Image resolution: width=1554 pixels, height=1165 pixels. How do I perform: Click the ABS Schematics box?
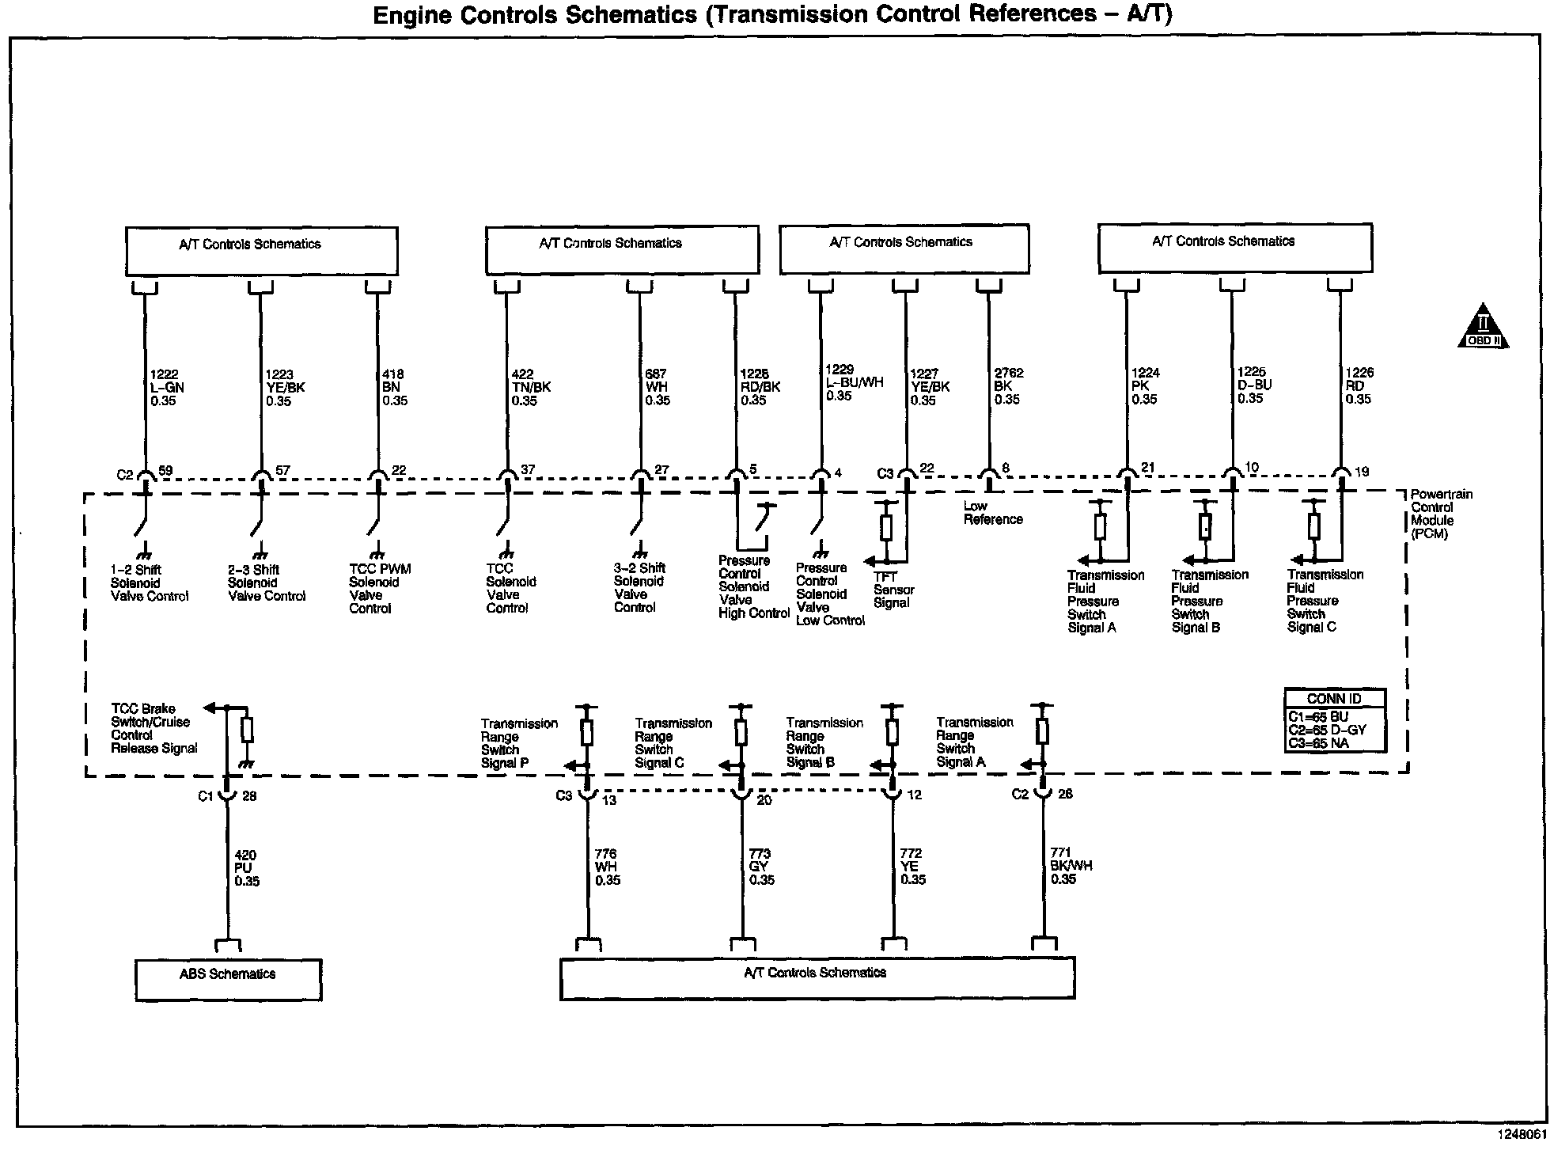click(x=228, y=980)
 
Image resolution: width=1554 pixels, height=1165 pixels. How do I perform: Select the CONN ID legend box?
click(x=1335, y=719)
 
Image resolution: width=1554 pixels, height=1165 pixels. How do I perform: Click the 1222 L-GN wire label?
click(x=167, y=388)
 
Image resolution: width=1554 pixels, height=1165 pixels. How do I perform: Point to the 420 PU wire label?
click(x=246, y=868)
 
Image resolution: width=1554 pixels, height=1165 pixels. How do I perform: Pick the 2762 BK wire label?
click(x=1007, y=386)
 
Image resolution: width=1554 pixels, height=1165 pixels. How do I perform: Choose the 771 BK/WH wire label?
click(x=1071, y=866)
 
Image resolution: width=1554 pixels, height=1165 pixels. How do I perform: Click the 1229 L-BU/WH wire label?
click(x=855, y=382)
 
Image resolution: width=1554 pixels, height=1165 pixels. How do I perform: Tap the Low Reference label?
click(x=993, y=513)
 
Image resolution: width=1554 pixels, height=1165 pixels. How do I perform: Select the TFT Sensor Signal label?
click(x=893, y=590)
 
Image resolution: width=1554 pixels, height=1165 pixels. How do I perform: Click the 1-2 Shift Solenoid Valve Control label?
click(x=150, y=583)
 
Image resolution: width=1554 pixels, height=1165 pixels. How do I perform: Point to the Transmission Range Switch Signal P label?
click(x=518, y=743)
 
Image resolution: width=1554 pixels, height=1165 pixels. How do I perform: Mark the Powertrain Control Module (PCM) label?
click(x=1441, y=514)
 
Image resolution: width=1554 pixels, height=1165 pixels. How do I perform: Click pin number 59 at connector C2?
click(x=165, y=470)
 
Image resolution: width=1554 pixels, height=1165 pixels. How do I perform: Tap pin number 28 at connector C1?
click(x=249, y=796)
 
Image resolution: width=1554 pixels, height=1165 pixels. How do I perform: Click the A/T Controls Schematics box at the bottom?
click(x=816, y=978)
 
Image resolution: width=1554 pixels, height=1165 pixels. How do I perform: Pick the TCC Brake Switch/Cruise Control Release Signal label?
click(x=154, y=728)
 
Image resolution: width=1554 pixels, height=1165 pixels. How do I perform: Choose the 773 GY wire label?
click(x=761, y=867)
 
